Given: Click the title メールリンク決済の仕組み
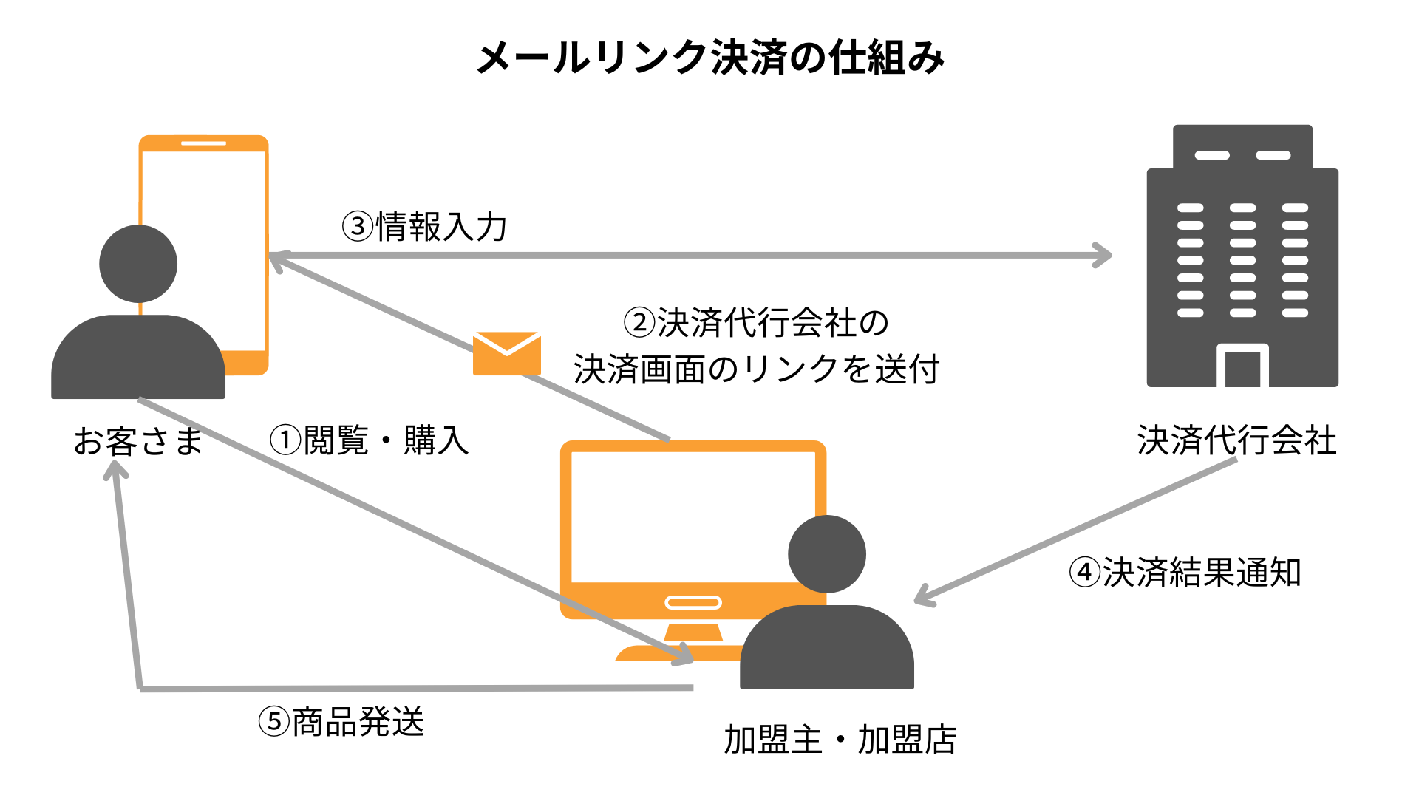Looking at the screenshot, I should click(709, 58).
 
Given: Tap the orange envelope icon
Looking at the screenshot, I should click(507, 353).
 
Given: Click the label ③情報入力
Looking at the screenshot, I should click(424, 227).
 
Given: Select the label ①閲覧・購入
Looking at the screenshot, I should click(369, 440).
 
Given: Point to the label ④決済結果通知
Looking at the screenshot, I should click(1185, 573).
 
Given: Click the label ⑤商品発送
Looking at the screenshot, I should click(341, 722).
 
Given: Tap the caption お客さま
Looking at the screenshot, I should click(138, 441).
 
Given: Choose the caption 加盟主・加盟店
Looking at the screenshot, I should click(840, 740).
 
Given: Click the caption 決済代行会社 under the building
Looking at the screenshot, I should click(1236, 440).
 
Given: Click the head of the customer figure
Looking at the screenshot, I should click(138, 264).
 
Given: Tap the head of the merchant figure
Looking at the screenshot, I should click(826, 553).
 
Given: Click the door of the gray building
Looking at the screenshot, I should click(1242, 368).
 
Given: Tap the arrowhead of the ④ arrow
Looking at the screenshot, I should click(924, 597).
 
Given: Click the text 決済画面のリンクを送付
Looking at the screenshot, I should click(756, 369).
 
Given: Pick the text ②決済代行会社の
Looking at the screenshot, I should click(756, 323).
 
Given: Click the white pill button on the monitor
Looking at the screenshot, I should click(693, 602).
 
